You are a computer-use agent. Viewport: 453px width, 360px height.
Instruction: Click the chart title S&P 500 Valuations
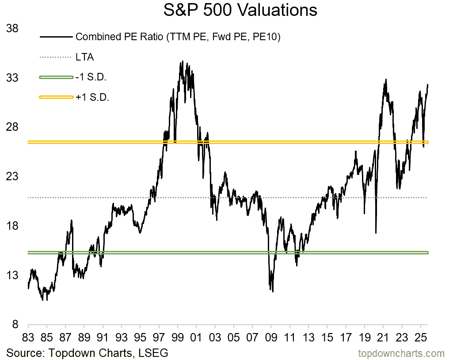(x=240, y=10)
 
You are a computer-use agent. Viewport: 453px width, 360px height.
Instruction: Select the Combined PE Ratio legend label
(x=178, y=37)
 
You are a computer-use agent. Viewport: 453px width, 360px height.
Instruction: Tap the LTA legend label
(x=85, y=57)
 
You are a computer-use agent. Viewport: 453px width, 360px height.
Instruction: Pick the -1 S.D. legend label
(x=91, y=77)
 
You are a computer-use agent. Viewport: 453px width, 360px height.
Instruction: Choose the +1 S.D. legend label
(x=92, y=97)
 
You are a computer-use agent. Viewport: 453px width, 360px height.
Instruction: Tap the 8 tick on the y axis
(x=15, y=325)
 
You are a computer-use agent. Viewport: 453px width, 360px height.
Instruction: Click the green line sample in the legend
(x=56, y=77)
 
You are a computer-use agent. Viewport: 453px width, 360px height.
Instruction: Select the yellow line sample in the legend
(x=56, y=97)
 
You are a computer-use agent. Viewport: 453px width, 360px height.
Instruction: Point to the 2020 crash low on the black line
(x=376, y=233)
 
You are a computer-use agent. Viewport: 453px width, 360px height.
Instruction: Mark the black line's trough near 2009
(x=273, y=292)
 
